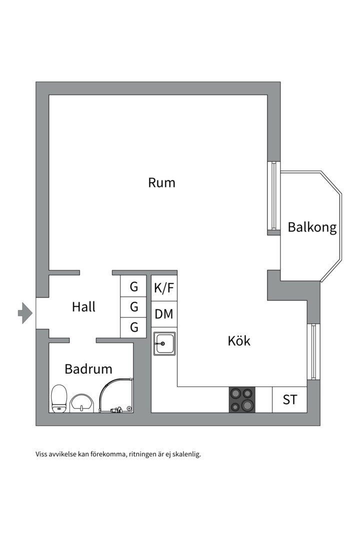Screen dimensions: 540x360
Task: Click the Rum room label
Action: tap(161, 183)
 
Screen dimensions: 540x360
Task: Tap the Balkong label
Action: tap(312, 227)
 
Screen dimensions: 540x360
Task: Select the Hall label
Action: tap(83, 306)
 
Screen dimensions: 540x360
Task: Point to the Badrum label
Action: tap(88, 369)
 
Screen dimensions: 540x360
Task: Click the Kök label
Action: tap(239, 341)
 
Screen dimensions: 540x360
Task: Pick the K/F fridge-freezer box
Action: tap(164, 288)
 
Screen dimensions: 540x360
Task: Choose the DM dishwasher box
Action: tap(164, 314)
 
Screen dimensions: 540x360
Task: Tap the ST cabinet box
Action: tap(289, 400)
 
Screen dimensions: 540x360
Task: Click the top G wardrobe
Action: tap(133, 286)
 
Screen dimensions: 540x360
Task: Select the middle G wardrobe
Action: tap(133, 307)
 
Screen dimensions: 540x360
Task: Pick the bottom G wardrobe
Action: tap(133, 327)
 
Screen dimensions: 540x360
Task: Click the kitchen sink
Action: tap(164, 344)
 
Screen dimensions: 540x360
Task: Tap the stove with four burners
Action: tap(242, 400)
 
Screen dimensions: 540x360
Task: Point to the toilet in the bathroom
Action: tap(59, 398)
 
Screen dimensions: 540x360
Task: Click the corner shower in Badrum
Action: tap(116, 396)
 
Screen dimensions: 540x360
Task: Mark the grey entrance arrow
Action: tap(25, 313)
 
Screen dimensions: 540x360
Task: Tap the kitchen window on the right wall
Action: tap(313, 351)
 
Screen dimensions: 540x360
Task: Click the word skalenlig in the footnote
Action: tap(185, 454)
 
